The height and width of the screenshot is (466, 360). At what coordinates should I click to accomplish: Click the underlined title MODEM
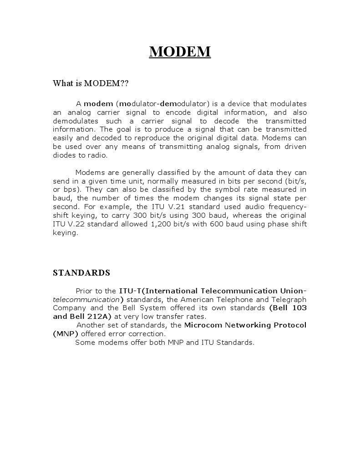tap(180, 51)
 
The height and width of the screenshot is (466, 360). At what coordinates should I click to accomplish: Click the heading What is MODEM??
tap(91, 83)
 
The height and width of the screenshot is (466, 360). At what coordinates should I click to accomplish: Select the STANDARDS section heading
tap(81, 273)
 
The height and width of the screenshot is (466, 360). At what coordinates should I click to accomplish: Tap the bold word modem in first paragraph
tap(98, 103)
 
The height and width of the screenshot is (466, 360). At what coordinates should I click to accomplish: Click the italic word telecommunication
tap(86, 299)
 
